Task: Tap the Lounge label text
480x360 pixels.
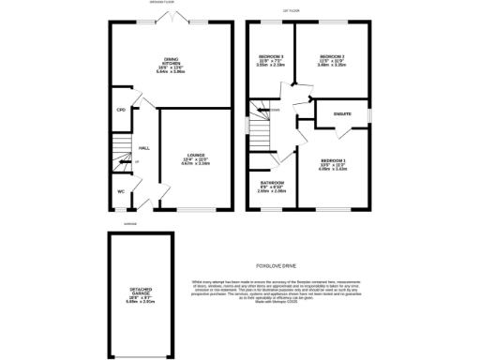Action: click(195, 155)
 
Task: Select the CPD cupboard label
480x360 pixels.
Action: click(121, 111)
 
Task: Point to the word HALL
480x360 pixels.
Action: click(144, 148)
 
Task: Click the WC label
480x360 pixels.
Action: click(121, 192)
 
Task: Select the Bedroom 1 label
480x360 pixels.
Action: click(333, 161)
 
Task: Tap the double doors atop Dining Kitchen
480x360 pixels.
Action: click(171, 19)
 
